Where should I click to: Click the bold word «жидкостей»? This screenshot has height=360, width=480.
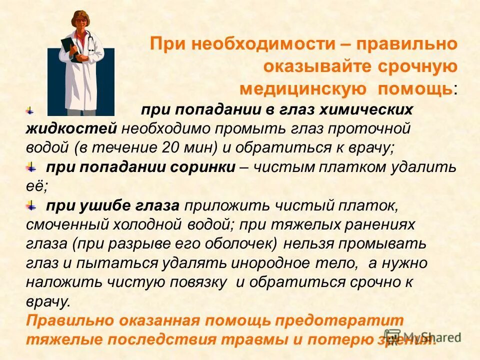[71, 128]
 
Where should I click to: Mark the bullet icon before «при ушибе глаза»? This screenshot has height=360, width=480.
[31, 205]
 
